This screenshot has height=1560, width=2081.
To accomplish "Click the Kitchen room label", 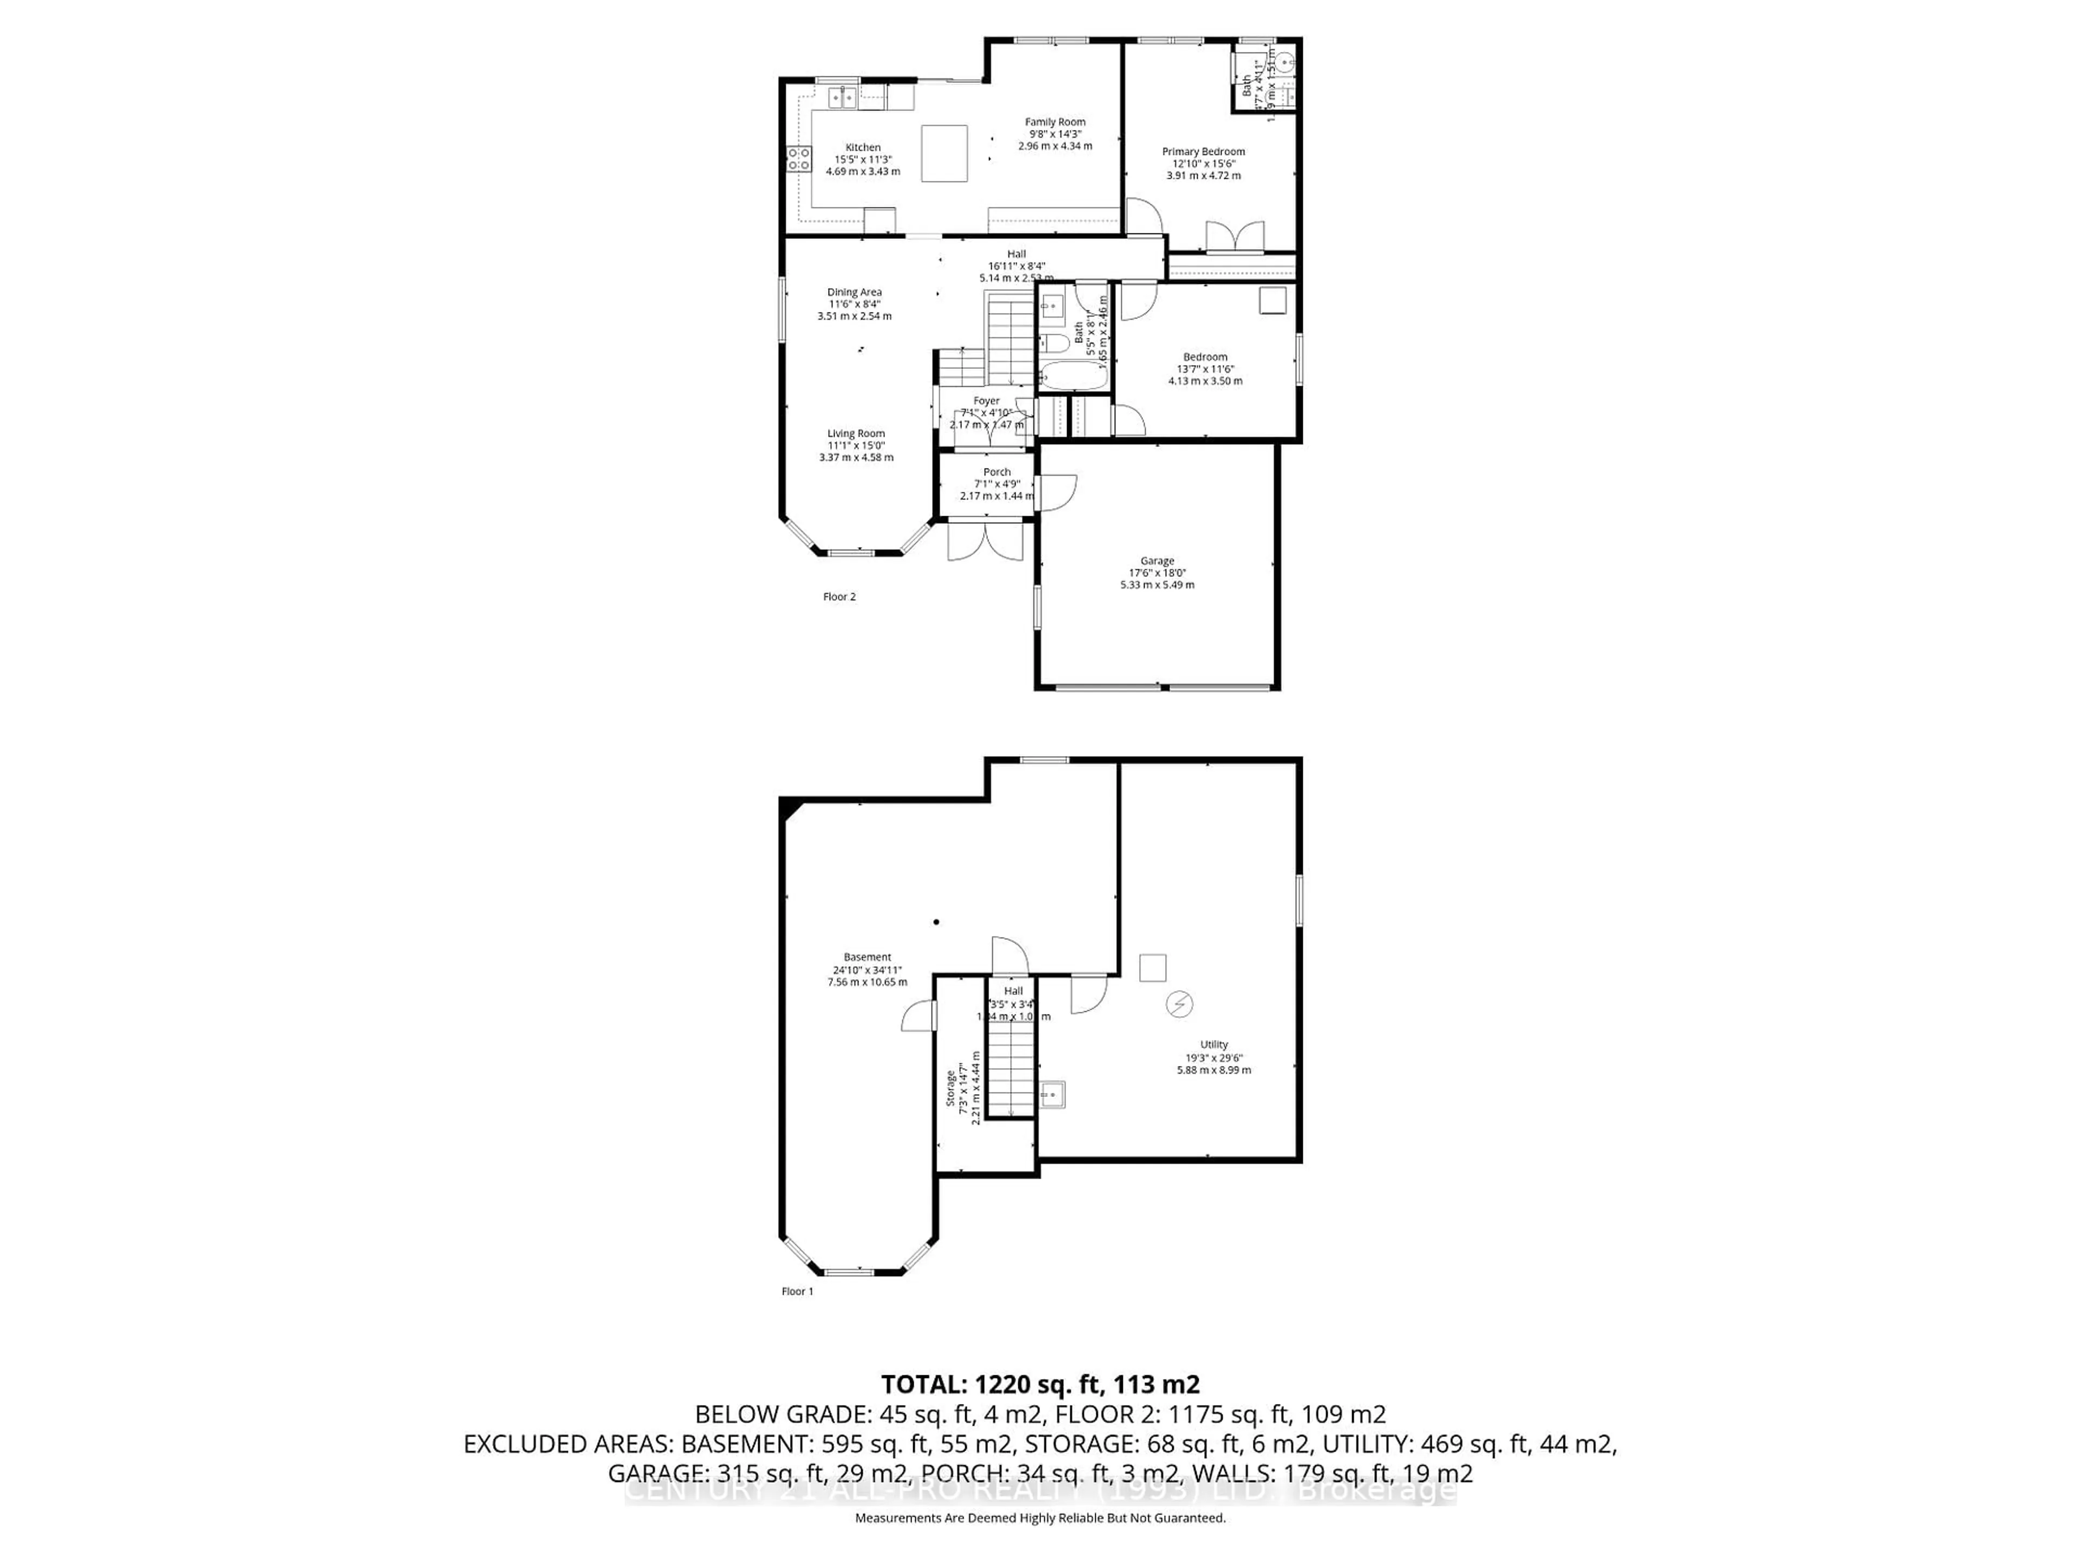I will click(x=863, y=148).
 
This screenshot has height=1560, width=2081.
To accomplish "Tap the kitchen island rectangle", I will click(x=943, y=152).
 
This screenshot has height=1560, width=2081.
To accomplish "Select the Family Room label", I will click(x=1055, y=122).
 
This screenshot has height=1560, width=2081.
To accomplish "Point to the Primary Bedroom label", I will click(x=1203, y=151).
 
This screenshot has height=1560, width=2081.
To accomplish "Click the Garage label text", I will click(x=1157, y=561).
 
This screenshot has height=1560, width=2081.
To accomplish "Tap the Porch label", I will click(x=996, y=472).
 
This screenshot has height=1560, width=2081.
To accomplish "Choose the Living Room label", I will click(x=855, y=433).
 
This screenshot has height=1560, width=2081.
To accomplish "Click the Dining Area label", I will click(x=854, y=292).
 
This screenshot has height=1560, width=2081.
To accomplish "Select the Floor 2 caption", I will click(x=839, y=596).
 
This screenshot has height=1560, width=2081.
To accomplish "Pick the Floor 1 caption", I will click(x=797, y=1291).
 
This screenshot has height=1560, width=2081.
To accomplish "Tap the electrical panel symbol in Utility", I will click(x=1179, y=1004).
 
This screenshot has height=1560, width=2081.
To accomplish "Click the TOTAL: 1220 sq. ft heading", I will click(x=1039, y=1384).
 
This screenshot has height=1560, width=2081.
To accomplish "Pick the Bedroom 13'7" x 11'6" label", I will click(x=1204, y=357).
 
